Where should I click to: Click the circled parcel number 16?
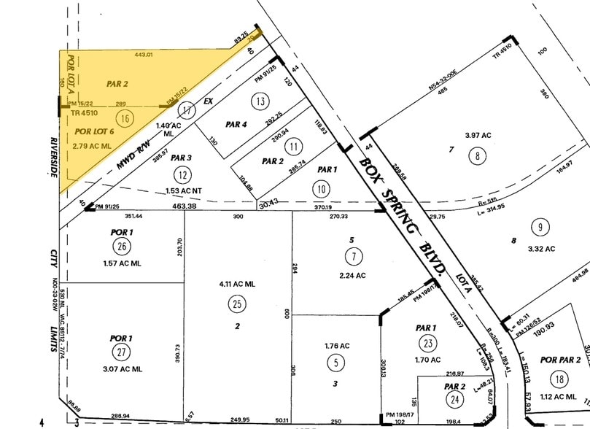125,117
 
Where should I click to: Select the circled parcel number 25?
237,303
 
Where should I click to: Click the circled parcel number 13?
258,100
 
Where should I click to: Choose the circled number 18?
559,379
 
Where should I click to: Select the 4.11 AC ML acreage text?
237,284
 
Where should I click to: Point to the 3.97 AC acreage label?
478,136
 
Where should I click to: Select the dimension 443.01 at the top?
142,55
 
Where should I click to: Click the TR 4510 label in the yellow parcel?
85,114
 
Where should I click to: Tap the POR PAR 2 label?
560,360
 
